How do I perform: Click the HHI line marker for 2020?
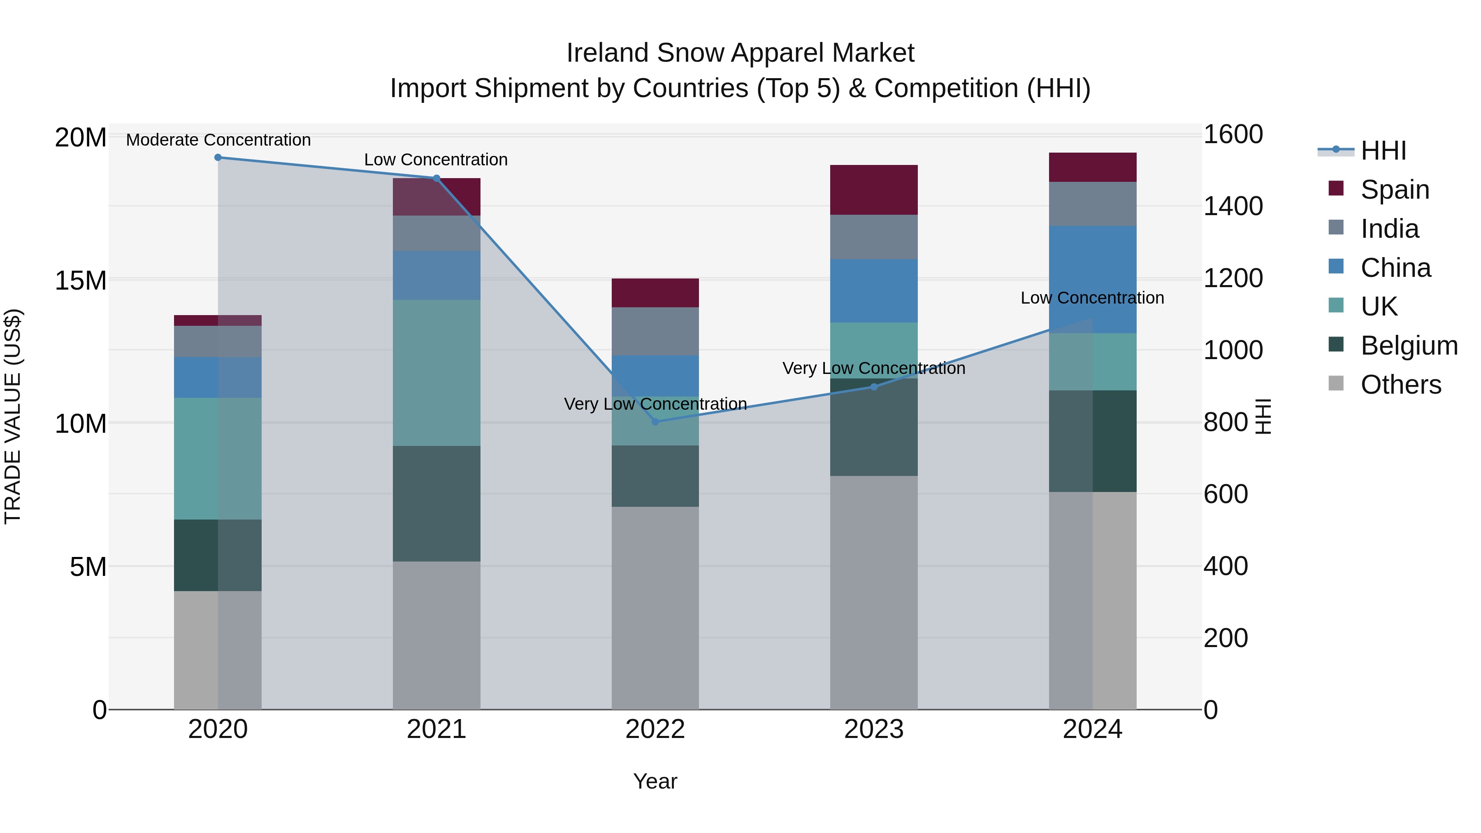[218, 158]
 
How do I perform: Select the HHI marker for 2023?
[874, 387]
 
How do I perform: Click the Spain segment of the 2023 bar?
[874, 190]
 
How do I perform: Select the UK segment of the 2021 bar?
[436, 373]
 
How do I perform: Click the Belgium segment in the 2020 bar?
[218, 555]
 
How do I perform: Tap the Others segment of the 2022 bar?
[655, 608]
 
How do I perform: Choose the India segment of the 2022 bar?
[655, 331]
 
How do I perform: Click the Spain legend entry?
[1395, 190]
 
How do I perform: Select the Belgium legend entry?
[1409, 346]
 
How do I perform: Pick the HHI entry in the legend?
[1383, 151]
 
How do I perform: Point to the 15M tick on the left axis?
[81, 281]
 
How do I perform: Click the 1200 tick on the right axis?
[1233, 278]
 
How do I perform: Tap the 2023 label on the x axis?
[874, 729]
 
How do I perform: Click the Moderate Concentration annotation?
[218, 140]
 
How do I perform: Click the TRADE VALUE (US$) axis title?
[13, 416]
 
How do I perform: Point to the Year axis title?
[655, 781]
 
